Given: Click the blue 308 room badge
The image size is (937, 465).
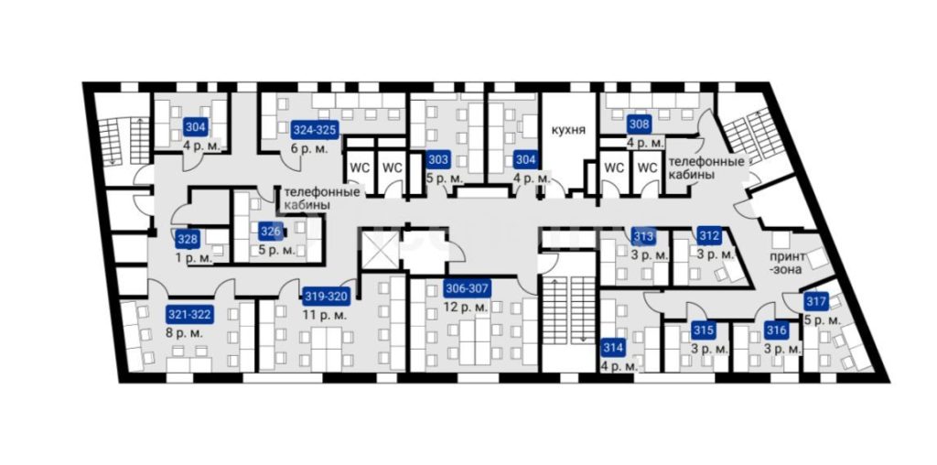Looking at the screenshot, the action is click(639, 126).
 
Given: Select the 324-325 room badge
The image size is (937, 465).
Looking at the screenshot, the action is click(316, 130).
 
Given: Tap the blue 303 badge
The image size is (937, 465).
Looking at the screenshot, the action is click(438, 160).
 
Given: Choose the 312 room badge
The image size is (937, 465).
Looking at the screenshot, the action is click(709, 236).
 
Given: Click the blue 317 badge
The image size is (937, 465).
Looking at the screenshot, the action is click(816, 302).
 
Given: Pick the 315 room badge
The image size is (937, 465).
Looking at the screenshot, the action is click(704, 330).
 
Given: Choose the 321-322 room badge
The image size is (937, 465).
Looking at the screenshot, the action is click(188, 314).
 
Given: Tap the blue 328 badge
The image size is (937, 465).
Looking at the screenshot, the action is click(187, 240).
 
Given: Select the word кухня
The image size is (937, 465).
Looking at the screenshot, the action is click(568, 130).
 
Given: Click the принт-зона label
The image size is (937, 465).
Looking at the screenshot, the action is click(788, 263).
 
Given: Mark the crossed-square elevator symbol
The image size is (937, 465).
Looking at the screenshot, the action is click(378, 248).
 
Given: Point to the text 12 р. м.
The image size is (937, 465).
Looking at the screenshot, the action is click(466, 308).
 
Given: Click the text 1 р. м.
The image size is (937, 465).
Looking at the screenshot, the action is click(194, 259).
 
